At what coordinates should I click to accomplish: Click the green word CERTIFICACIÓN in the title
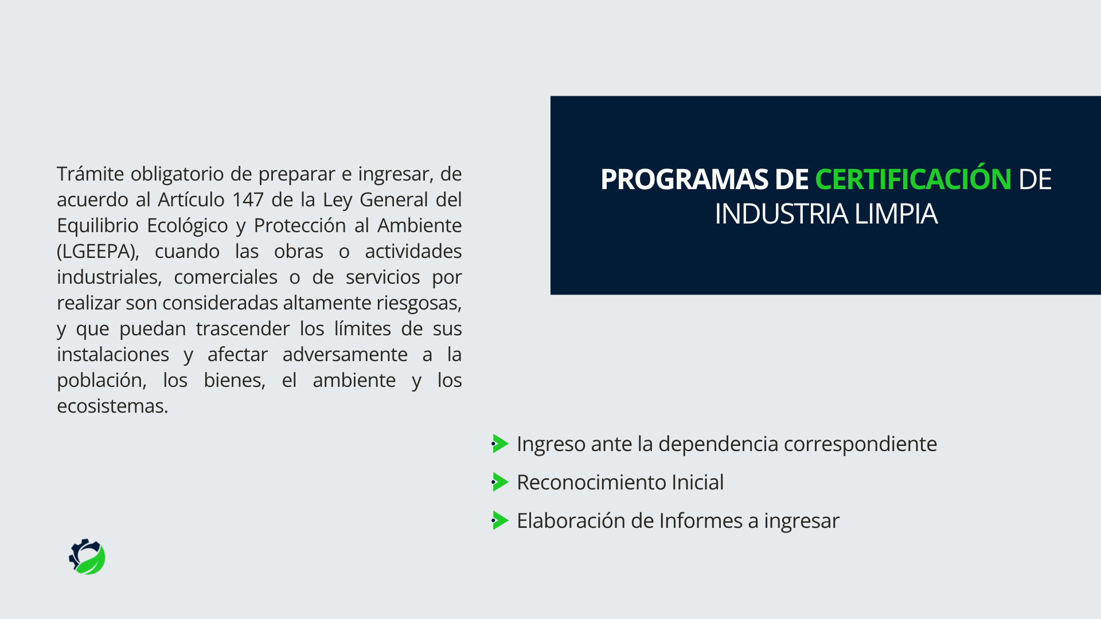913,179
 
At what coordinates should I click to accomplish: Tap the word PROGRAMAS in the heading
684,179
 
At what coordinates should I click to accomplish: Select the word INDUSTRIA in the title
782,214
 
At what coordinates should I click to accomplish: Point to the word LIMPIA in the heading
896,214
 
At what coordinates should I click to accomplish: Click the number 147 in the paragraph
248,199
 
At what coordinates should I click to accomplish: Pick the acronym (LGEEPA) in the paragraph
98,252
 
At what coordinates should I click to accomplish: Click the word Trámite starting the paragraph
91,173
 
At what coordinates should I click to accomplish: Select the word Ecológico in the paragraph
188,226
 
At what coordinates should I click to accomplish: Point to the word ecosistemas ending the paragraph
112,406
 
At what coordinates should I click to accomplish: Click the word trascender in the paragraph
243,328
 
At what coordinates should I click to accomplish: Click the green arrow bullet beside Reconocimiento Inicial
500,482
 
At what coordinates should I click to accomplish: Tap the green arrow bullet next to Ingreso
500,444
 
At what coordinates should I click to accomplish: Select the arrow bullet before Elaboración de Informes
500,520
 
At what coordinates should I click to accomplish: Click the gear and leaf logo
87,557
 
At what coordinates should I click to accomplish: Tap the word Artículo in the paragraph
191,199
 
